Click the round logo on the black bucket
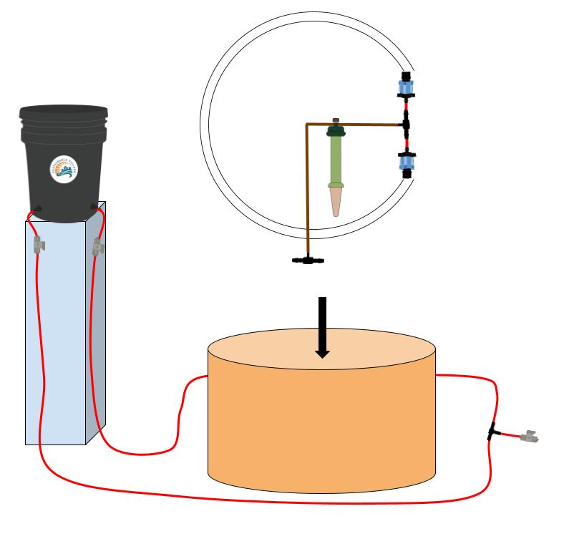(64, 169)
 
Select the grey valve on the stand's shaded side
(98, 248)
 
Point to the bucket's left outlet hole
(37, 210)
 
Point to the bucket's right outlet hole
(94, 208)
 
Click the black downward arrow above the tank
(322, 326)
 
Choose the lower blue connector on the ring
(407, 164)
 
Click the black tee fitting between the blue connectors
(406, 126)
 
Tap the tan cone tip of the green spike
(336, 202)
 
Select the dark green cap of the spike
(336, 131)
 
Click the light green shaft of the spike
(336, 161)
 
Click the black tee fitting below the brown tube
(308, 260)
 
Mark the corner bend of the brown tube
(307, 126)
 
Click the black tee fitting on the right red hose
(492, 432)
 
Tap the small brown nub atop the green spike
(336, 120)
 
